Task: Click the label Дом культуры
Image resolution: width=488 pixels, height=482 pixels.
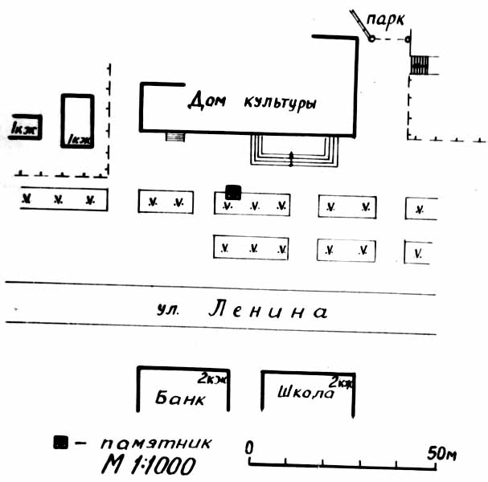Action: [x=252, y=102]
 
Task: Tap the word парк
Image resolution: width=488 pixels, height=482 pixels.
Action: [x=384, y=18]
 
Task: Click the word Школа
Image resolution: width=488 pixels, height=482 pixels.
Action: [x=305, y=394]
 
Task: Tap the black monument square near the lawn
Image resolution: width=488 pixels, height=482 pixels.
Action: [x=233, y=191]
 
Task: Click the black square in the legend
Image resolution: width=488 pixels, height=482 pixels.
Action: [x=59, y=441]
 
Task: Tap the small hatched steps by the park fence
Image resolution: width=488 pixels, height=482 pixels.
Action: [x=420, y=64]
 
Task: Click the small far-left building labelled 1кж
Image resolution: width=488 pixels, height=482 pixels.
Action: [x=25, y=127]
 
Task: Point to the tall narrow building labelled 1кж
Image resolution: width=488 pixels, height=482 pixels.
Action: [x=79, y=120]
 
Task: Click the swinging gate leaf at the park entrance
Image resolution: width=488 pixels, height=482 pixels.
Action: [x=360, y=24]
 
